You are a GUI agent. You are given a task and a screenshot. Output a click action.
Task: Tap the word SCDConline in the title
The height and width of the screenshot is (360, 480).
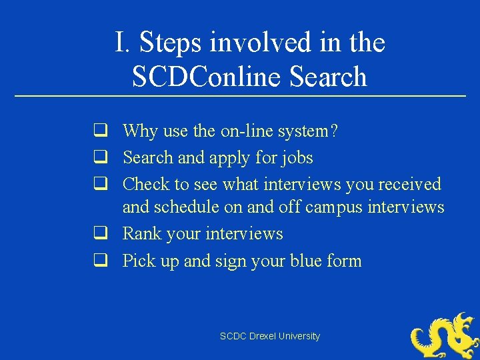[207, 76]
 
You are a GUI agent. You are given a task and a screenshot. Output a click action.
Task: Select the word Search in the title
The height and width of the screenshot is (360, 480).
[329, 76]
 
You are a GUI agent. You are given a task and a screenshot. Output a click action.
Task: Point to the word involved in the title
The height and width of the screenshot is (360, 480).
[254, 43]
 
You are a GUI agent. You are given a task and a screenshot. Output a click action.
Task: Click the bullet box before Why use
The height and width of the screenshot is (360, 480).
[101, 131]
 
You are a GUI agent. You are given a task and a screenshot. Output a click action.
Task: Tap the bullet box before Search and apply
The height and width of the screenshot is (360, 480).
[101, 157]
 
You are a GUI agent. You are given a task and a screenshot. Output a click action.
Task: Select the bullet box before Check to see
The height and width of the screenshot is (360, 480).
[101, 183]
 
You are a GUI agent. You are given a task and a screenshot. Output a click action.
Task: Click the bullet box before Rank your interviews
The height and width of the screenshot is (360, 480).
[101, 234]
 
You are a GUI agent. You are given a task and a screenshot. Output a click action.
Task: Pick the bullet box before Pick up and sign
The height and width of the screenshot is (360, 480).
[101, 261]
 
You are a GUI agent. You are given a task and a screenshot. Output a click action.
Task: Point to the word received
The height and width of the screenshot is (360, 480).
[410, 184]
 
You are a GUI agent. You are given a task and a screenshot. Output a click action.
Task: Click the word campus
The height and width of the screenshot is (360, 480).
[335, 207]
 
